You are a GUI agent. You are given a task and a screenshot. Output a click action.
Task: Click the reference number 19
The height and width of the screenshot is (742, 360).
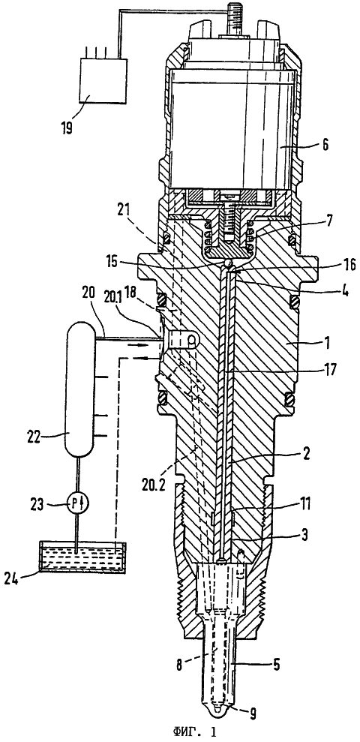point(66,128)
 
